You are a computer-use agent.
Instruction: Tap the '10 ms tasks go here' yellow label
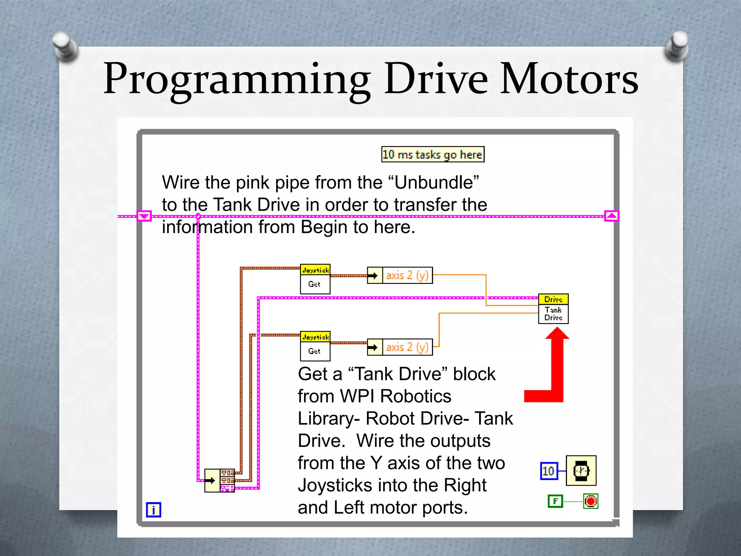432,155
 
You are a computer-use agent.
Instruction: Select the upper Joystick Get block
315,279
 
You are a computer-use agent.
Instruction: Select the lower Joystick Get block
315,346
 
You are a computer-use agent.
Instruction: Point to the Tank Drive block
553,309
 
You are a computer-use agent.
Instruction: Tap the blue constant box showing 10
549,471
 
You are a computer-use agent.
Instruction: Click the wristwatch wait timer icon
581,471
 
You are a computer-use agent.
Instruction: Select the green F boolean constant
555,501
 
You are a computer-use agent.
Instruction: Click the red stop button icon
590,501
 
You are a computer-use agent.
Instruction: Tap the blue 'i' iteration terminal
153,510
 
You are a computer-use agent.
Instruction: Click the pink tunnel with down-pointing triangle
144,216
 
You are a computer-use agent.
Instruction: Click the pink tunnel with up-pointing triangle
611,216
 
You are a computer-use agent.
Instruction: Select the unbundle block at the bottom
220,480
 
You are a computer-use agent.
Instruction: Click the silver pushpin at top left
65,46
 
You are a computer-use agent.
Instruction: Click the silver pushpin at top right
677,45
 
